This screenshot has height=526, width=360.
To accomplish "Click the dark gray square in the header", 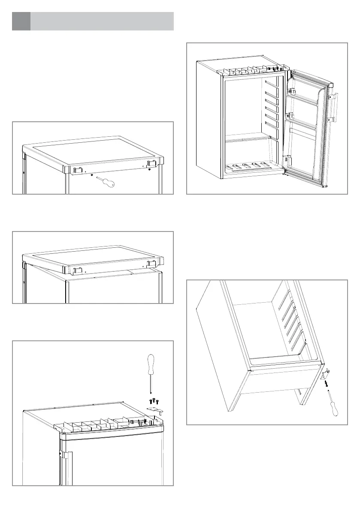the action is pyautogui.click(x=21, y=21).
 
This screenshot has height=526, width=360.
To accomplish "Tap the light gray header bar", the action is pyautogui.click(x=102, y=21).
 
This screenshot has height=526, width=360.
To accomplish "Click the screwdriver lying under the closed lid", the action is pyautogui.click(x=106, y=182).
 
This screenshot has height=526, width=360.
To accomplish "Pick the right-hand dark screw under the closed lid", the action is pyautogui.click(x=149, y=169).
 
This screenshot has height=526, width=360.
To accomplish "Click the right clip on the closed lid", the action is pyautogui.click(x=151, y=164).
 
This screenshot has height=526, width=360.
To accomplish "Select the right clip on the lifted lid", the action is pyautogui.click(x=151, y=263).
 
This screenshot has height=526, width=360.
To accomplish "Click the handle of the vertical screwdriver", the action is pyautogui.click(x=151, y=364).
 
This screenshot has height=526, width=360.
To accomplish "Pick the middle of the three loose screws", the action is pyautogui.click(x=154, y=400).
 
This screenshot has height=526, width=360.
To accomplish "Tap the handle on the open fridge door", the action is pyautogui.click(x=333, y=107).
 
